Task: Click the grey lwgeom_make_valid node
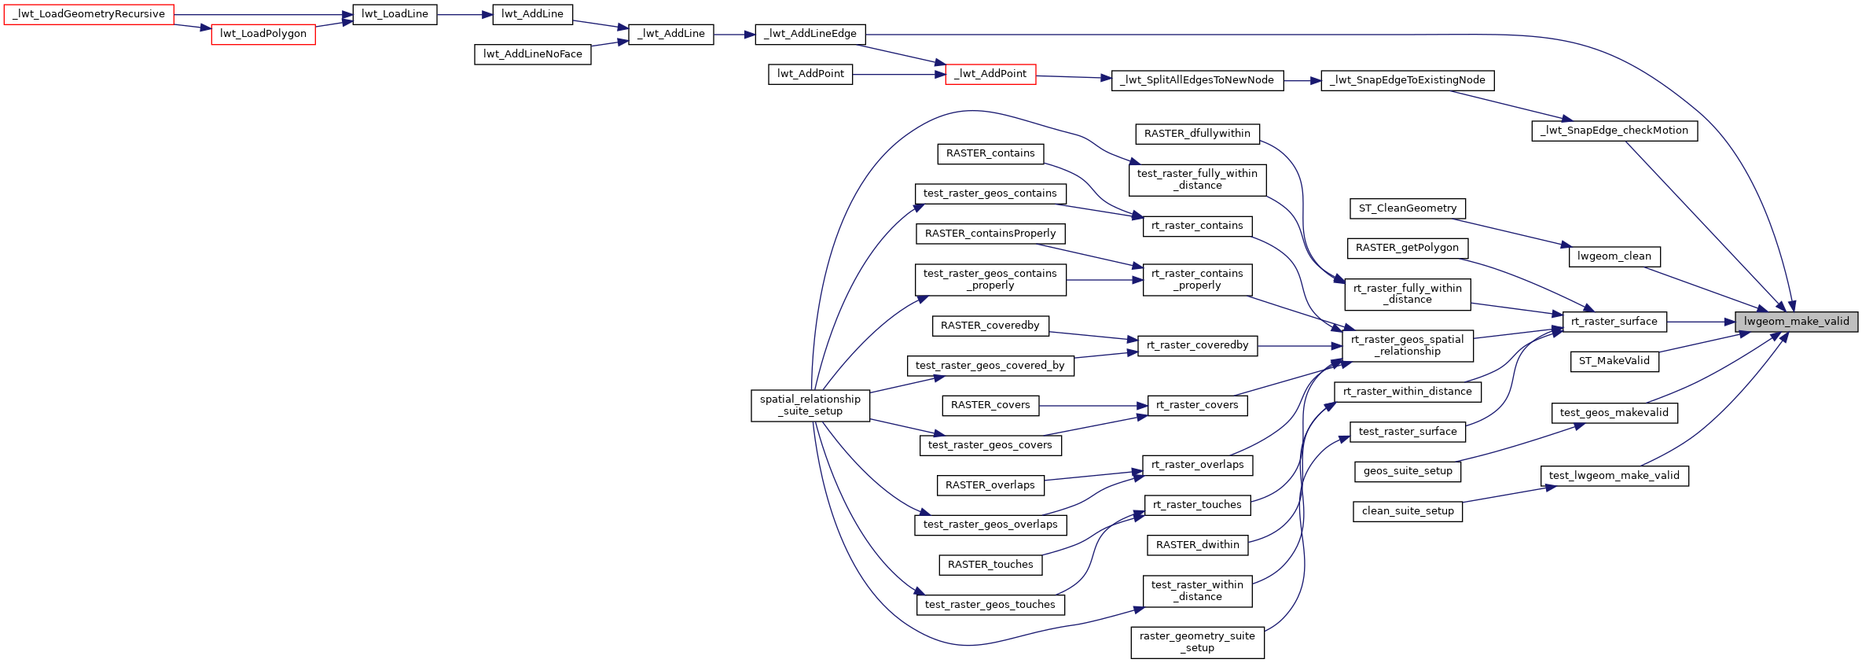pos(1796,322)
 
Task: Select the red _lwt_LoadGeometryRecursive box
pos(89,14)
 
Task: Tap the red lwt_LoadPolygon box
pos(263,34)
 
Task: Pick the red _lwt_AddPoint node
pos(990,74)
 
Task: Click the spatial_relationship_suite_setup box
pos(810,405)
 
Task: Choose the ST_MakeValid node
pos(1614,361)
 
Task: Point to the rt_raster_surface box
pos(1614,322)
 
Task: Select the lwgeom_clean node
pos(1614,256)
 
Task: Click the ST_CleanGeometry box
pos(1408,208)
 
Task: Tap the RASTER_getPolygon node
pos(1407,248)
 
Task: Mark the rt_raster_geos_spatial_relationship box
pos(1408,345)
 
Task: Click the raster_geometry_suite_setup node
pos(1197,642)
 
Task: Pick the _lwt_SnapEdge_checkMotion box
pos(1614,131)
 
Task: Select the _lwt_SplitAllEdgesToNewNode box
pos(1197,80)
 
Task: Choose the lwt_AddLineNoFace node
pos(533,54)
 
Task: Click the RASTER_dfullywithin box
pos(1197,134)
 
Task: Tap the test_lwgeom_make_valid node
pos(1614,476)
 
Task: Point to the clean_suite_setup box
pos(1408,511)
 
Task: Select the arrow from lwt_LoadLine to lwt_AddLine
pos(465,14)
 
